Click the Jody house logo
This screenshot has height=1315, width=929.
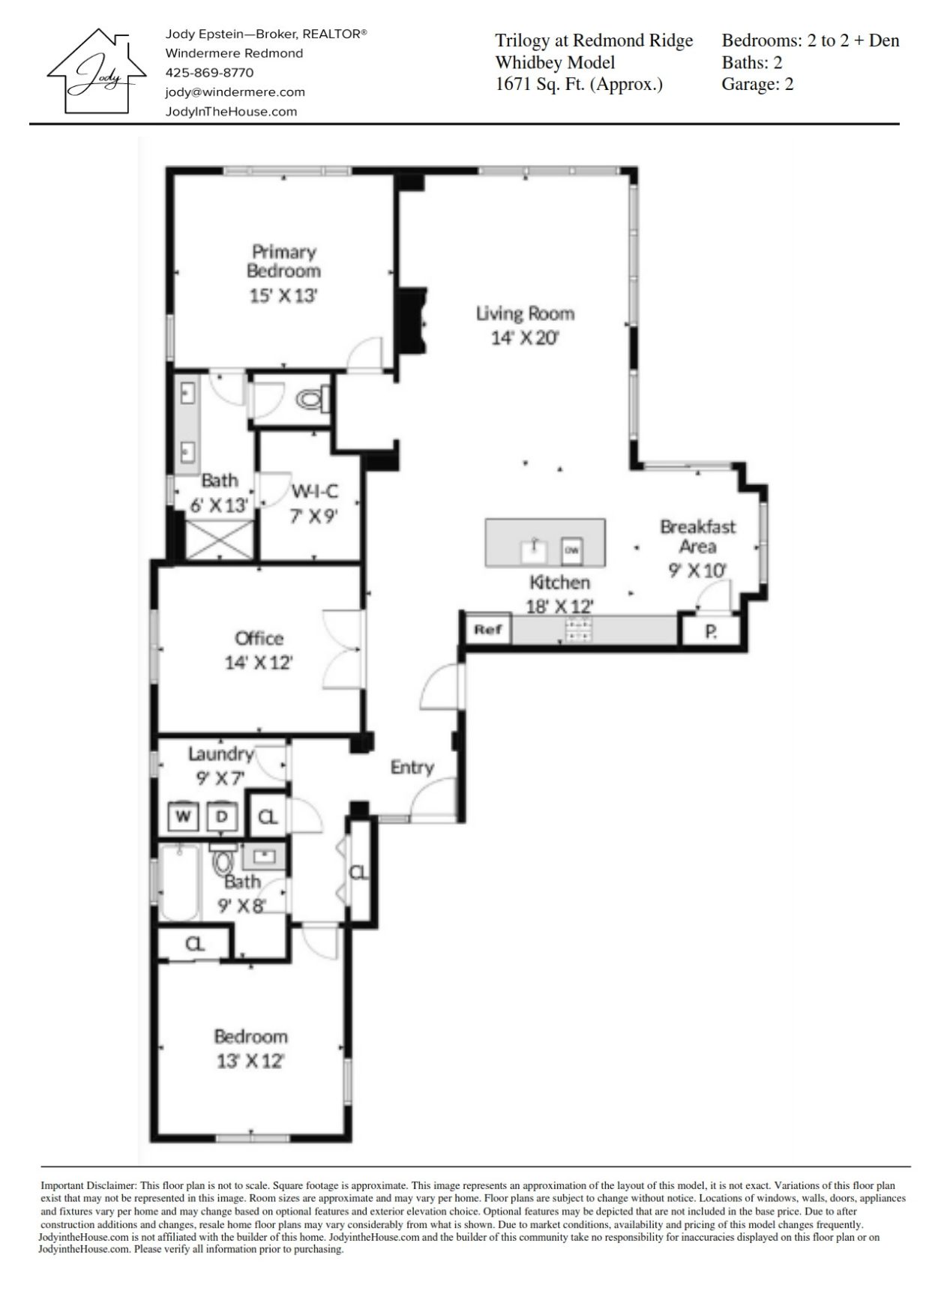[97, 71]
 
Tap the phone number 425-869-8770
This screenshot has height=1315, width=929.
[209, 73]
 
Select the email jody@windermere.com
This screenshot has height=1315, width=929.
[235, 92]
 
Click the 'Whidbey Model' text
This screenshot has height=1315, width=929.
[555, 62]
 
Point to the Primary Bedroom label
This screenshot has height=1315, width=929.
[283, 261]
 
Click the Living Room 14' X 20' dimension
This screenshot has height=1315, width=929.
[525, 338]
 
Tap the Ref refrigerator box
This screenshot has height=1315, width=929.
[488, 630]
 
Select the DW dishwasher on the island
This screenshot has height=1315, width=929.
[572, 550]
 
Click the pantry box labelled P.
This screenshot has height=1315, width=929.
[710, 631]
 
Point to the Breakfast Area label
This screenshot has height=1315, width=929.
[697, 536]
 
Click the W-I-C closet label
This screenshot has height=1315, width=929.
[315, 491]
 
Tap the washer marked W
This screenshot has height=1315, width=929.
[182, 816]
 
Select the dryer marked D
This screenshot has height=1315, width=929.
[222, 816]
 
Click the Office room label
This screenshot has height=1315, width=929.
[259, 638]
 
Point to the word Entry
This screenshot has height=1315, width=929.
[412, 767]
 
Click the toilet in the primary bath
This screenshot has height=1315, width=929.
[313, 400]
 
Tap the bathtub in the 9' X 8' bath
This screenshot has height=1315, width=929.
[180, 882]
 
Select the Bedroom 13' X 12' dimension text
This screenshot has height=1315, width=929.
[251, 1061]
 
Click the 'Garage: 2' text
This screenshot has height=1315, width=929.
[757, 83]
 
